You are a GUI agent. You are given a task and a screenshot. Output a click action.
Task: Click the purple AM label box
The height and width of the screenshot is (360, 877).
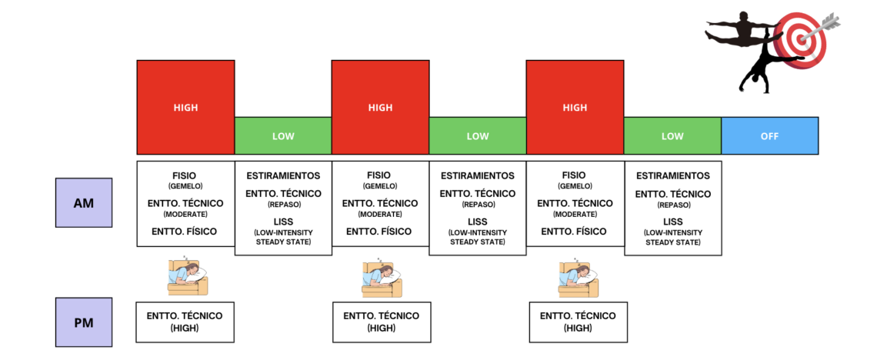pyautogui.click(x=83, y=202)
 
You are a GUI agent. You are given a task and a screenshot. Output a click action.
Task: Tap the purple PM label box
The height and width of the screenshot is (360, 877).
pyautogui.click(x=83, y=322)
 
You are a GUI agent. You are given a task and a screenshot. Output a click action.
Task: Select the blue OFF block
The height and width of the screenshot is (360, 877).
pyautogui.click(x=769, y=136)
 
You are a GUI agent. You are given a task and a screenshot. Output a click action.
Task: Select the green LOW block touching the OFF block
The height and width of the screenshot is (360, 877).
pyautogui.click(x=672, y=136)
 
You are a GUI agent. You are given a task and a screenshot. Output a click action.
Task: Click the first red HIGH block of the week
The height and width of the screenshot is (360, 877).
pyautogui.click(x=185, y=108)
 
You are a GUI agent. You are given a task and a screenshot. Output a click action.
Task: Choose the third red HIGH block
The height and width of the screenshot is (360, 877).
pyautogui.click(x=575, y=108)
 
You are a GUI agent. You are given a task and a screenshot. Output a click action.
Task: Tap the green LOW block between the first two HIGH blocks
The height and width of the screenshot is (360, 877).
pyautogui.click(x=283, y=136)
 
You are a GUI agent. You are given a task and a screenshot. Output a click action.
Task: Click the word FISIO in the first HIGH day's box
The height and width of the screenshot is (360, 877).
pyautogui.click(x=185, y=175)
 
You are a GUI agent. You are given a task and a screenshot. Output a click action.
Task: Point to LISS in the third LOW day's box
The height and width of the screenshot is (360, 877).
pyautogui.click(x=673, y=222)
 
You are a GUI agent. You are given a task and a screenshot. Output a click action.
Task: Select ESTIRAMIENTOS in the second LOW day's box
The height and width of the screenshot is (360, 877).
pyautogui.click(x=478, y=175)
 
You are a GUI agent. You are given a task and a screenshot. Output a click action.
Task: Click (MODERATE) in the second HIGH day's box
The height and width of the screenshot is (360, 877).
pyautogui.click(x=380, y=214)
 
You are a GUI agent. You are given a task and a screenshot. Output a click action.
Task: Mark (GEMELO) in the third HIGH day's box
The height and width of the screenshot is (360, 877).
pyautogui.click(x=575, y=186)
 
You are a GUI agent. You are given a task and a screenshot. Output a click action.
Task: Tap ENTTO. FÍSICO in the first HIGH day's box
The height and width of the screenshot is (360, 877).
pyautogui.click(x=185, y=231)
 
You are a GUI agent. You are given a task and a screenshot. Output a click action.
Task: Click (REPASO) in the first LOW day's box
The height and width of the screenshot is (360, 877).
pyautogui.click(x=283, y=204)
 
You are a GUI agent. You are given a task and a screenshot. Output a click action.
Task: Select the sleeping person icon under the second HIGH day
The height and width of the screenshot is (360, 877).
pyautogui.click(x=382, y=277)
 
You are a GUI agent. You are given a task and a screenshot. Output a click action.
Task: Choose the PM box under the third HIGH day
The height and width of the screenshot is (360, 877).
pyautogui.click(x=578, y=322)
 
